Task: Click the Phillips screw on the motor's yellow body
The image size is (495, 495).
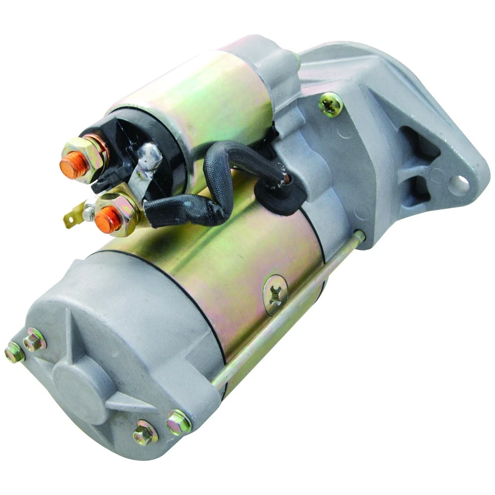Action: (275, 294)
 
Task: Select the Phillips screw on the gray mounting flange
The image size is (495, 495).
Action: (331, 105)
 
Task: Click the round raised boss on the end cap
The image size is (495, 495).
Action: (82, 387)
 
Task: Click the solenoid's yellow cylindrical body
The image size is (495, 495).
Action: (217, 93)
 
